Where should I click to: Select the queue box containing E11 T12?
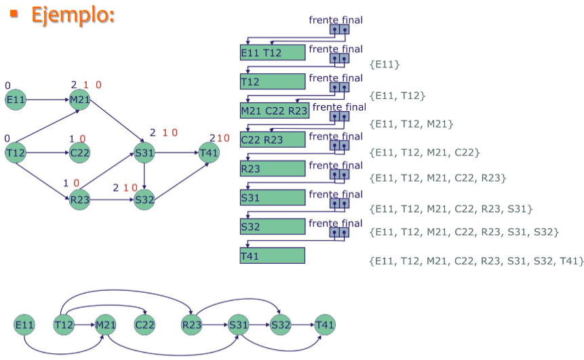[x=272, y=53]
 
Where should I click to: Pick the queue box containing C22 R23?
[x=272, y=140]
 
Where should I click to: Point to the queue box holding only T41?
[x=272, y=256]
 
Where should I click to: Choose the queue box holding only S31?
[x=272, y=197]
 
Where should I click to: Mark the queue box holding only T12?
[x=272, y=82]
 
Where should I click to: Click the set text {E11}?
[x=385, y=64]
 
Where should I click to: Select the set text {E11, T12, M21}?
[x=411, y=124]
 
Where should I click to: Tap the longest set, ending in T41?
[x=475, y=261]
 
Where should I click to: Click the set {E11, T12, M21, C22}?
[x=425, y=153]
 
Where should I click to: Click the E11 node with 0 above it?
[x=15, y=100]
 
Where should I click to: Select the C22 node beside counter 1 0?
[x=79, y=153]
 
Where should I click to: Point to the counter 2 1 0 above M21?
[x=86, y=85]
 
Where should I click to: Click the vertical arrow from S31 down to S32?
[x=144, y=176]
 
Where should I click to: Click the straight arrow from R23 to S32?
[x=112, y=200]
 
